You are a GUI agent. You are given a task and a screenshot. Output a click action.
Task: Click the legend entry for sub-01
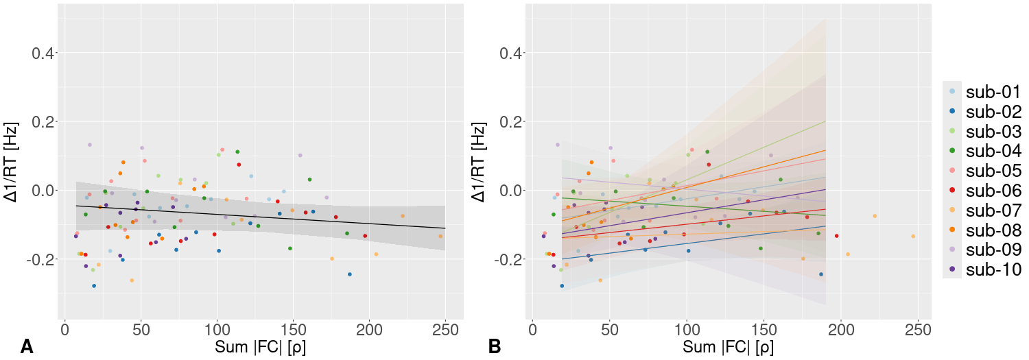tap(993, 91)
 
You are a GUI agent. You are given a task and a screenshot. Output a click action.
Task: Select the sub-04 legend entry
tap(993, 151)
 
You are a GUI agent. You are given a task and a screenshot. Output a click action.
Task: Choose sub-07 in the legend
tap(993, 210)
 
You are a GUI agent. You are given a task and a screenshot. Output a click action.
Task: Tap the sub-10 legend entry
tap(993, 269)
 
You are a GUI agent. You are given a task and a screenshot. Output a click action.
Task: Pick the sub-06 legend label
tap(993, 190)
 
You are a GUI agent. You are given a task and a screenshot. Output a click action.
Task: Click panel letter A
tap(27, 347)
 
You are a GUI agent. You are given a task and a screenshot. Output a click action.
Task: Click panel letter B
tap(495, 347)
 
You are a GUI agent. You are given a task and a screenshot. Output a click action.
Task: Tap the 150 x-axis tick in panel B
tap(763, 328)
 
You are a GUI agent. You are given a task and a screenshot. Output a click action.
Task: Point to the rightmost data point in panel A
tap(440, 236)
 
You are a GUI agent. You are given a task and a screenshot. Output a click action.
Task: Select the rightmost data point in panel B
tap(913, 236)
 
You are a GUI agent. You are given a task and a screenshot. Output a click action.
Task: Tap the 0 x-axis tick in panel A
tap(64, 328)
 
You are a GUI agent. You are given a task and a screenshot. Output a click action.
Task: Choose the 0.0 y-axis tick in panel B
tap(510, 191)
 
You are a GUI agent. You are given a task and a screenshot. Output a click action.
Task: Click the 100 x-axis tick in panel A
tap(217, 328)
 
